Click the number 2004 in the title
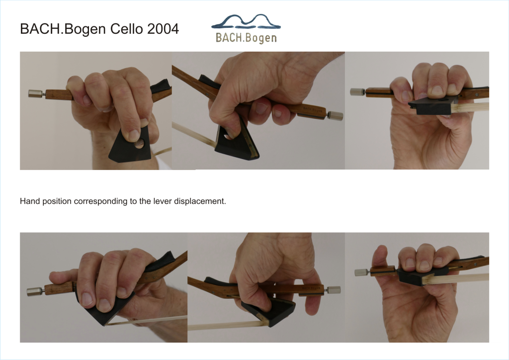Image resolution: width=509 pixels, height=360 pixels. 163,29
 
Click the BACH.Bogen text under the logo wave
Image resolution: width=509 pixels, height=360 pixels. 246,38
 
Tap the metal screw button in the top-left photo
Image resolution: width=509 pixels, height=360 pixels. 36,93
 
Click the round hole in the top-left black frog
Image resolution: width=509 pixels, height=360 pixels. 140,143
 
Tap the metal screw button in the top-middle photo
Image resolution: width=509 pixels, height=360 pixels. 336,115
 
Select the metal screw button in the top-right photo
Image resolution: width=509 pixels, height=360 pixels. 357,92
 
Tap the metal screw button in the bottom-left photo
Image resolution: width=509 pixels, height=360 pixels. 35,291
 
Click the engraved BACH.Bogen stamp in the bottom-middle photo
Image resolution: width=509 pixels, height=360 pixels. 311,287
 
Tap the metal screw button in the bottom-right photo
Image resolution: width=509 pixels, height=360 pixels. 362,272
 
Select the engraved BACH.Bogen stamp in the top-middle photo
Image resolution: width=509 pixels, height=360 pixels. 312,110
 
